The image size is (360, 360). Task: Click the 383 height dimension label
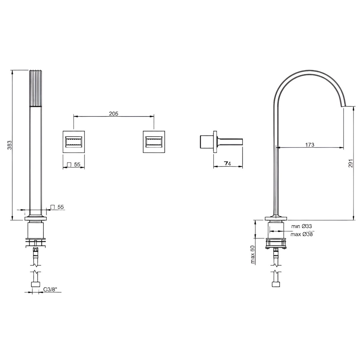10,145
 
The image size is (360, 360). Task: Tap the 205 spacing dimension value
114,113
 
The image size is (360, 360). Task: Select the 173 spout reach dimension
310,145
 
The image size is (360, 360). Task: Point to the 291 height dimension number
351,163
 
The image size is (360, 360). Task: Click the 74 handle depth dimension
228,164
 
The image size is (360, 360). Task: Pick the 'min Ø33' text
301,226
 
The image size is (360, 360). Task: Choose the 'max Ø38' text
301,234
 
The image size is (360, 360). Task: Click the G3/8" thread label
50,295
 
